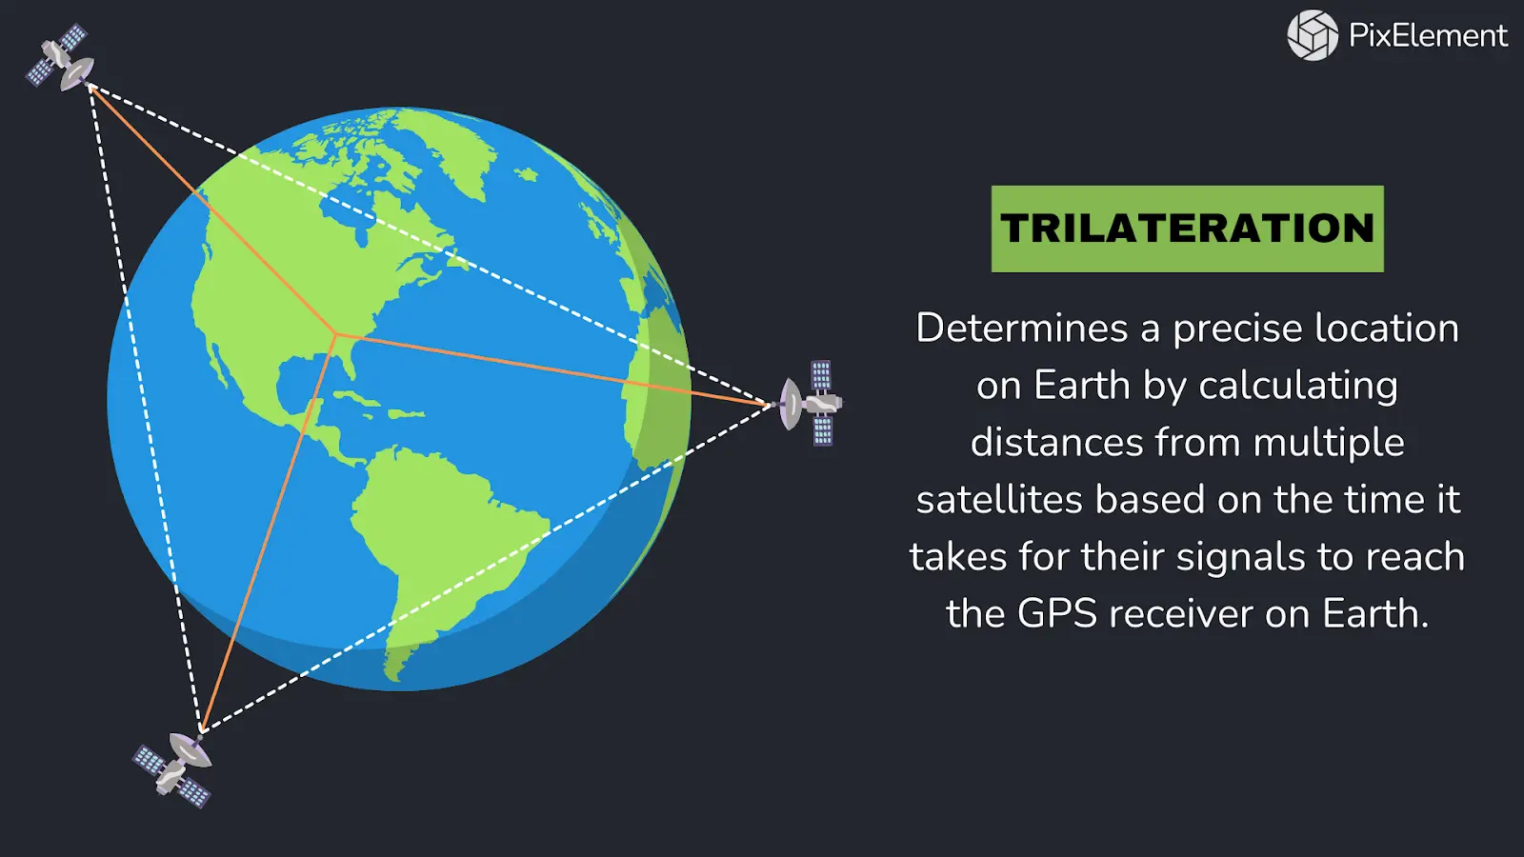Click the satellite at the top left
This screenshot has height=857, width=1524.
[x=60, y=58]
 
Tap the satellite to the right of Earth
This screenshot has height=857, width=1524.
[x=812, y=403]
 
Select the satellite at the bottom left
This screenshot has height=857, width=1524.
[x=173, y=767]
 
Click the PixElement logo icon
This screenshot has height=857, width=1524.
[x=1313, y=35]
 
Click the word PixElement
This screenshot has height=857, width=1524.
[x=1428, y=36]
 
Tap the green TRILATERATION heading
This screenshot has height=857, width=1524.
[x=1187, y=229]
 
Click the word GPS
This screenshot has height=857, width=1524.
[x=1057, y=614]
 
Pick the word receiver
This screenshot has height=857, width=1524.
[x=1181, y=614]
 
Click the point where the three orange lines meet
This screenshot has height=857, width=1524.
[x=336, y=334]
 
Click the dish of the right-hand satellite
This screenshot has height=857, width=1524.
[x=791, y=404]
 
